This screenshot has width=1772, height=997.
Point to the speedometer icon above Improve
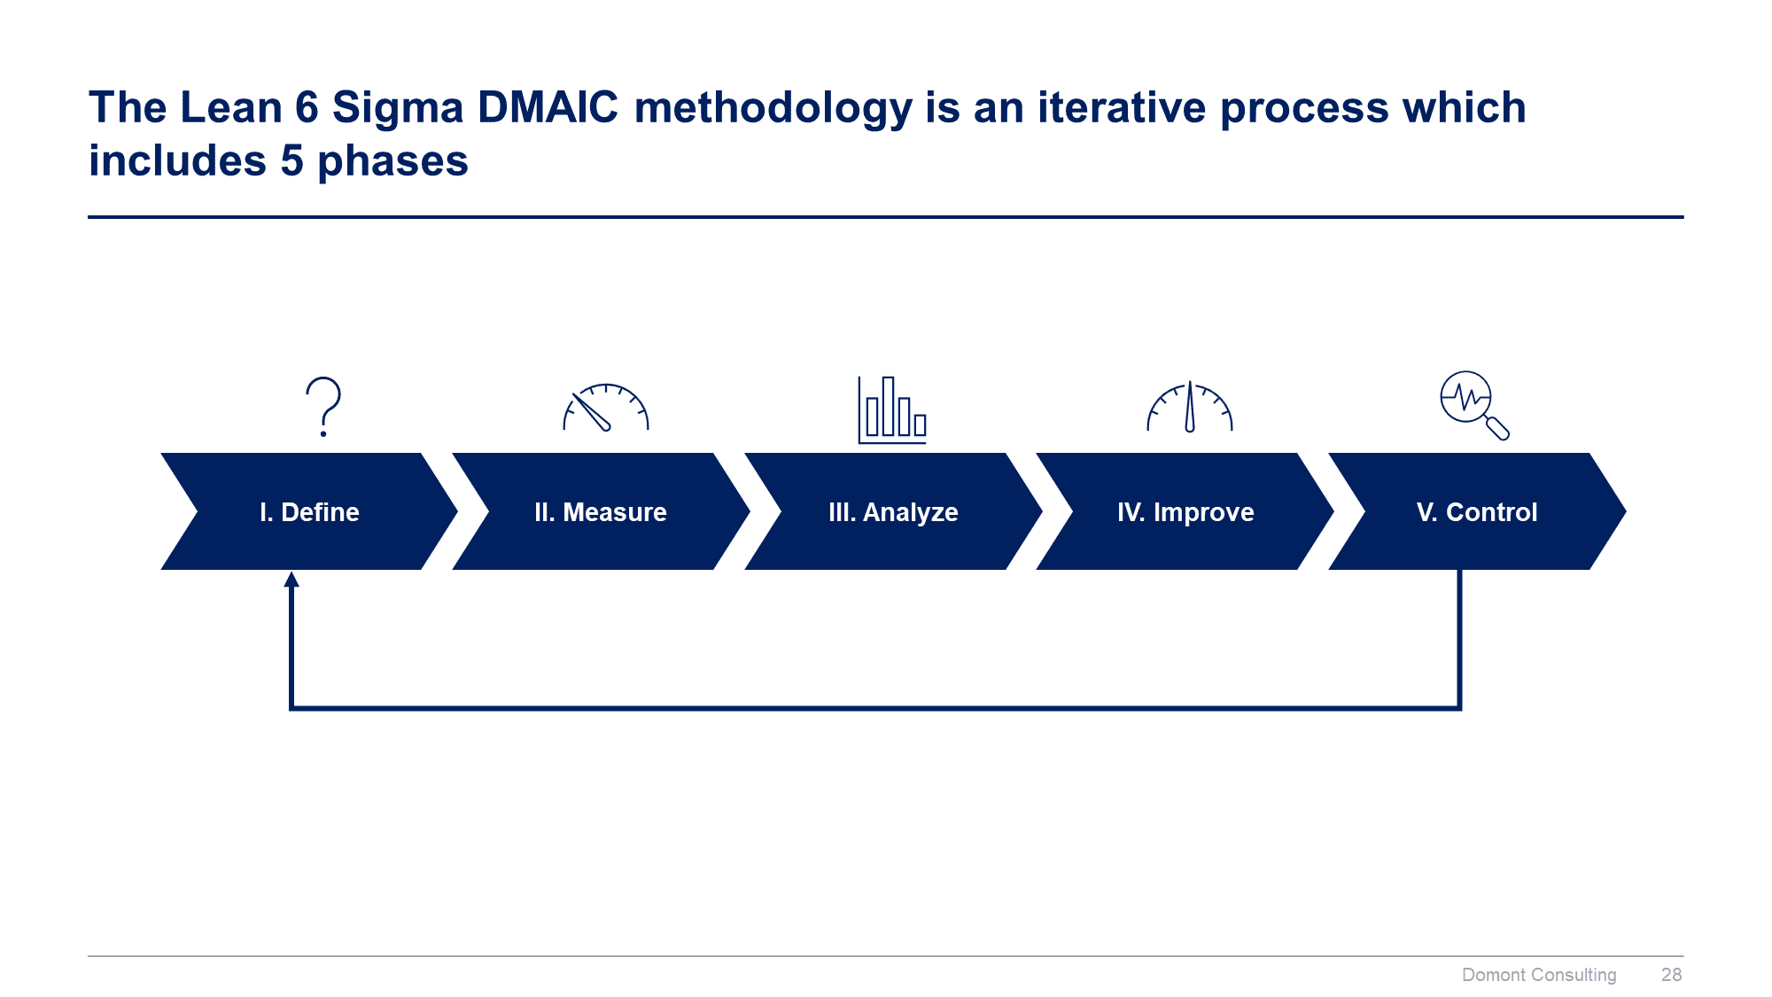1190,408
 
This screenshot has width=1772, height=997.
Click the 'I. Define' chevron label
309,512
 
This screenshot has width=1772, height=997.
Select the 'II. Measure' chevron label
601,512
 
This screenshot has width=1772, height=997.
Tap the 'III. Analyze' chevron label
893,512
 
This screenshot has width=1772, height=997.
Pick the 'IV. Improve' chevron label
1185,512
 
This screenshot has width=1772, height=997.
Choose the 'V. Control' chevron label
1477,512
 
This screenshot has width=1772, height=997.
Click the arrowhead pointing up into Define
291,579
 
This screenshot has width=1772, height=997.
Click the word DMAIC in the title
548,107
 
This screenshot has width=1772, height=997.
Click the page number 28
1671,975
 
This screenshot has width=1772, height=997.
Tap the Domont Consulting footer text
1539,976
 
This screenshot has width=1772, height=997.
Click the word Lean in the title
231,107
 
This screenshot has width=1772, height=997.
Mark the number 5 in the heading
292,161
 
